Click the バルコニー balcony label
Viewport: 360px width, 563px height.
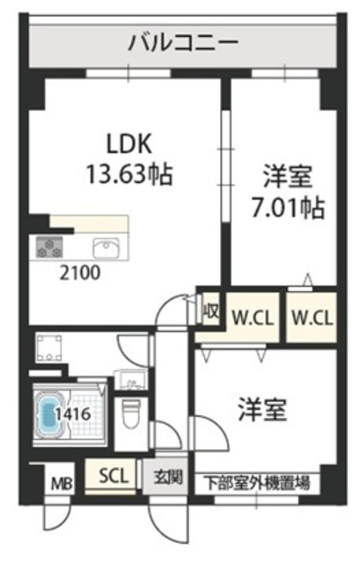pos(183,43)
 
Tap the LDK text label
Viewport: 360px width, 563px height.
pos(129,144)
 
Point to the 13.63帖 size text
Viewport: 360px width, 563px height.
pos(129,174)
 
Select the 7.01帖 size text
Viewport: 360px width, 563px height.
pos(288,208)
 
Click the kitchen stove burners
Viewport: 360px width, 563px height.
pos(49,247)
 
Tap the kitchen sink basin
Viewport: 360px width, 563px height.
pos(106,248)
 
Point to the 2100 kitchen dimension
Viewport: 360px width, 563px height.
pos(80,274)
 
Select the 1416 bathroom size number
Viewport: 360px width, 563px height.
pos(73,414)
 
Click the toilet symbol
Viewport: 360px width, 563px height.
pos(131,413)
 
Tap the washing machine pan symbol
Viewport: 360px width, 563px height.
pos(49,347)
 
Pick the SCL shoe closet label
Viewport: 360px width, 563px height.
pos(114,476)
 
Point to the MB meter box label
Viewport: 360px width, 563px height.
pos(62,483)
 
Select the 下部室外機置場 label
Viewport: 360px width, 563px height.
pos(257,483)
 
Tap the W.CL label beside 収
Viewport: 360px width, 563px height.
pos(252,318)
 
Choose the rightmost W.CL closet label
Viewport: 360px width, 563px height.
pos(312,318)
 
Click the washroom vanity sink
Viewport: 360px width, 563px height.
pos(131,380)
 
